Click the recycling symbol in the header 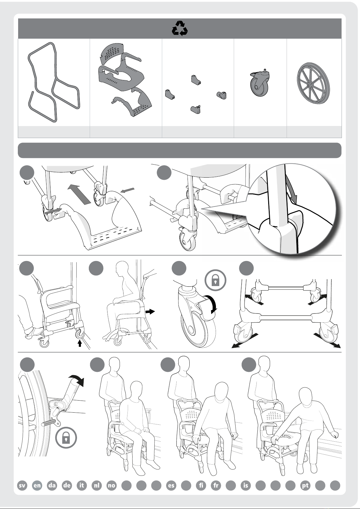[x=180, y=28]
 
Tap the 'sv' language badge [x=22, y=485]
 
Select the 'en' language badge [x=37, y=485]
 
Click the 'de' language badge [x=67, y=485]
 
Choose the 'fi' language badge [x=201, y=485]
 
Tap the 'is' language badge [x=246, y=485]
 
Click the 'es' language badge [x=171, y=485]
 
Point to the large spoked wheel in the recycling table [x=313, y=83]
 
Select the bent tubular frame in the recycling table [x=53, y=82]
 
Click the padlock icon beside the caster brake [x=215, y=280]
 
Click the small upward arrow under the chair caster [x=79, y=343]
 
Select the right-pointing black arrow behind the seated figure [x=150, y=311]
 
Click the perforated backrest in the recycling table [x=112, y=53]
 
